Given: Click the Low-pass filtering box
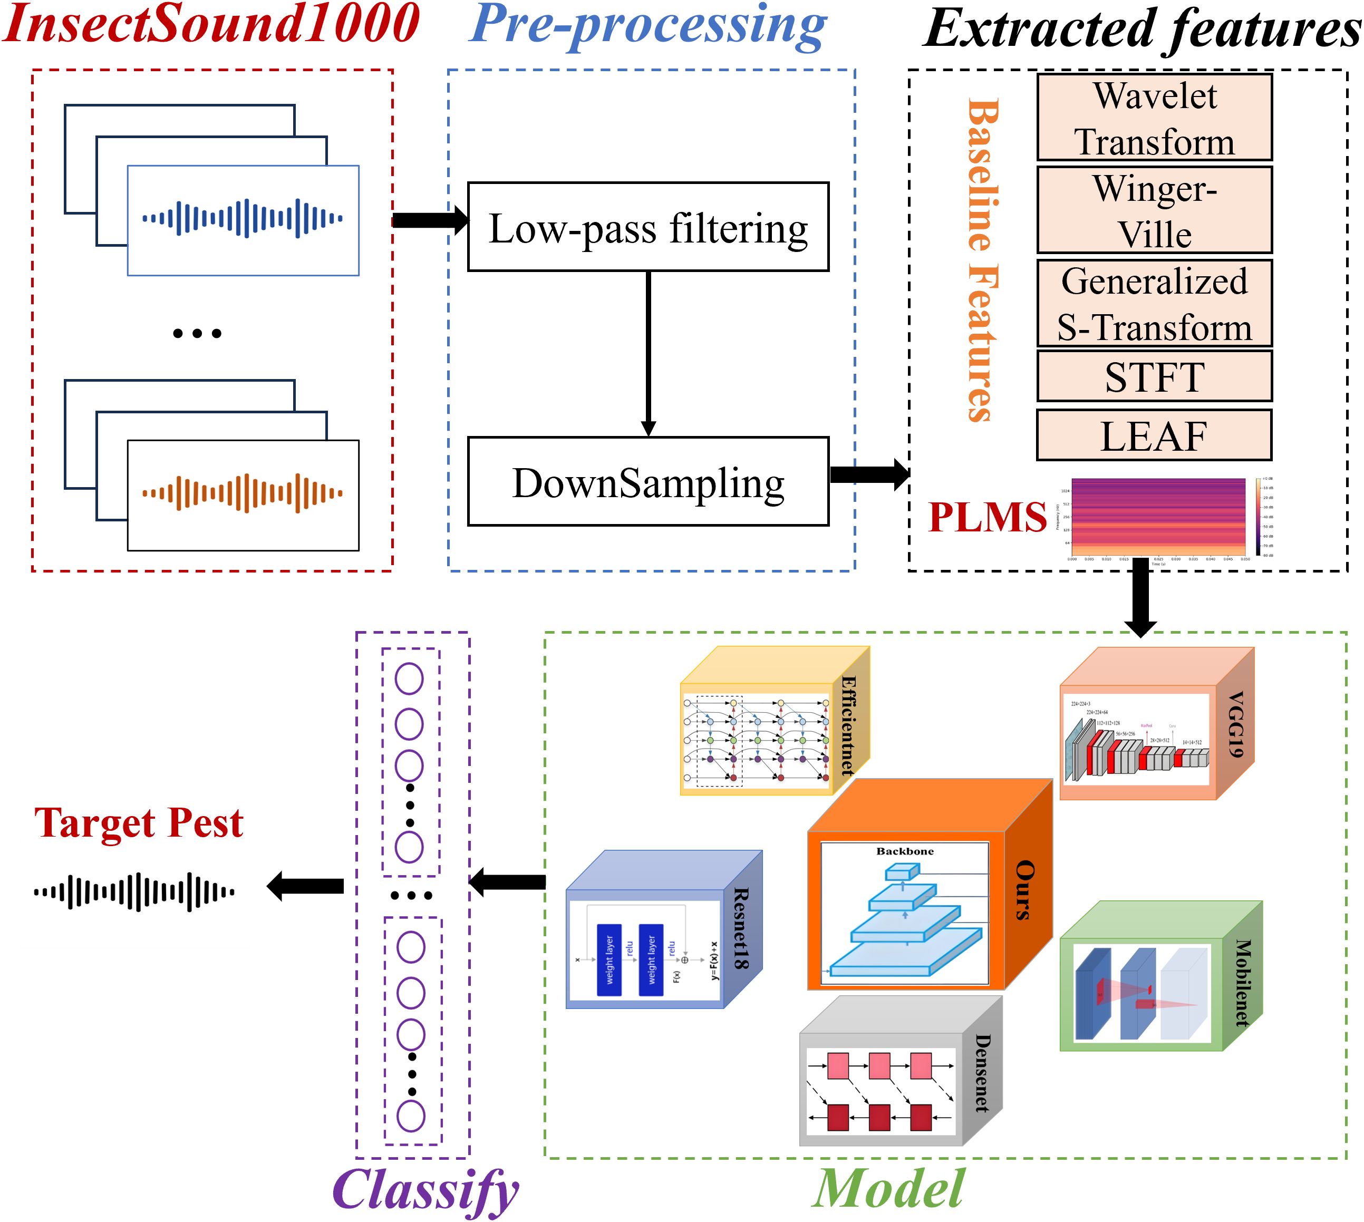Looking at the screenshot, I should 648,227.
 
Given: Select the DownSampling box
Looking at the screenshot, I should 648,481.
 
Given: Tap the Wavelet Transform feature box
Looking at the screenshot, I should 1154,118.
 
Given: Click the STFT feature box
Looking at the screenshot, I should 1154,377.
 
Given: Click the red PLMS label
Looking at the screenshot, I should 986,517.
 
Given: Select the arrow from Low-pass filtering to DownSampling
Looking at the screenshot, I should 648,353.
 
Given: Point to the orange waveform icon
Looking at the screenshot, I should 243,493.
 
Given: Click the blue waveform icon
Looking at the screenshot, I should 243,218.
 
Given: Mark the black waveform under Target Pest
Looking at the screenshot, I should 134,891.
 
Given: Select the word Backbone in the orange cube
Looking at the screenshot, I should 905,851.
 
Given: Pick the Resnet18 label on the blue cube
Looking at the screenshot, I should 741,928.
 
